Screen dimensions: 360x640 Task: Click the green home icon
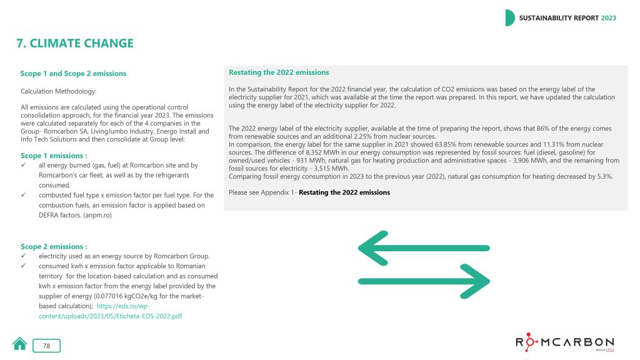point(21,344)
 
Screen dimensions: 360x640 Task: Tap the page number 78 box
point(47,346)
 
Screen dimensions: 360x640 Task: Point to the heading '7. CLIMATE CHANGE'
point(75,44)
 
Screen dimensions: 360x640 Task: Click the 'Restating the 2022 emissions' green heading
point(279,72)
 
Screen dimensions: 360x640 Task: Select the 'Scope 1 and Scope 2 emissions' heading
point(73,74)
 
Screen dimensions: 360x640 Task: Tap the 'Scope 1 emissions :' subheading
point(54,156)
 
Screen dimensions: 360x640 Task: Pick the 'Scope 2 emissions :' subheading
point(54,247)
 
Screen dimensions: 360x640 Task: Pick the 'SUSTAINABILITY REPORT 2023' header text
point(567,18)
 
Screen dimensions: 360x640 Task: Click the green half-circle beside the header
point(509,18)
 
